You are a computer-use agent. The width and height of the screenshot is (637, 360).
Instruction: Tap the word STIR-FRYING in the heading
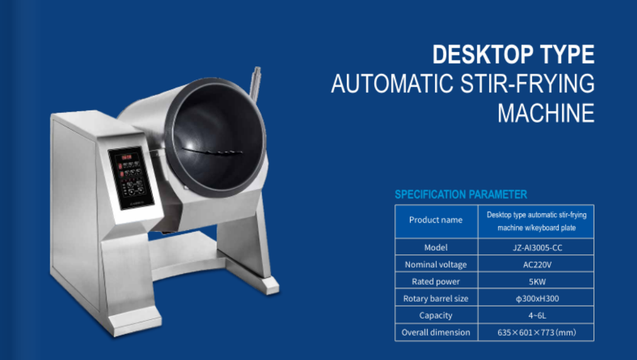pyautogui.click(x=527, y=83)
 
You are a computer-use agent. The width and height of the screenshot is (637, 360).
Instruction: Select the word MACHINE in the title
pyautogui.click(x=546, y=113)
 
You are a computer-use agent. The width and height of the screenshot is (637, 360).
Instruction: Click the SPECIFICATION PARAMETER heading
pyautogui.click(x=460, y=194)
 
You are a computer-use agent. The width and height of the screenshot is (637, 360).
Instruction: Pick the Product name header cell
pyautogui.click(x=436, y=220)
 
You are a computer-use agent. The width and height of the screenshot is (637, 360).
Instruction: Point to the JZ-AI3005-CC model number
pyautogui.click(x=537, y=248)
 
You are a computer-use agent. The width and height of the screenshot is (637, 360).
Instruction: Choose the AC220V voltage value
pyautogui.click(x=537, y=265)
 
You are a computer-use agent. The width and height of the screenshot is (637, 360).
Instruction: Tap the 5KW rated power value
pyautogui.click(x=537, y=282)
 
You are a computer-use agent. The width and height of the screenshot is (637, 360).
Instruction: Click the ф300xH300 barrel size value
pyautogui.click(x=537, y=299)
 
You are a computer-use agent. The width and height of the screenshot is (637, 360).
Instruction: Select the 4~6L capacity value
pyautogui.click(x=537, y=315)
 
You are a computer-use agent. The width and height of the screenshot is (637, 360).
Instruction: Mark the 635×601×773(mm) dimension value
pyautogui.click(x=537, y=332)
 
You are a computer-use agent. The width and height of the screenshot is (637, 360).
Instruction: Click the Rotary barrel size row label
pyautogui.click(x=436, y=299)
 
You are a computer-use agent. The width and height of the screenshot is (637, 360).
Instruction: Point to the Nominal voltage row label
pyautogui.click(x=436, y=265)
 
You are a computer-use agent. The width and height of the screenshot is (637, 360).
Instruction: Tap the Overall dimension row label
pyautogui.click(x=436, y=332)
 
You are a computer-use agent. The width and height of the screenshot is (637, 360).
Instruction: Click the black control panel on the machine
pyautogui.click(x=131, y=177)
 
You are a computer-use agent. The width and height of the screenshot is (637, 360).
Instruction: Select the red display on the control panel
pyautogui.click(x=126, y=157)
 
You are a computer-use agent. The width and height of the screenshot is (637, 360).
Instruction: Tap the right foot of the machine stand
pyautogui.click(x=270, y=285)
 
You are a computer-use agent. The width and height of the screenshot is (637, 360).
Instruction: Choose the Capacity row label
pyautogui.click(x=436, y=315)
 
